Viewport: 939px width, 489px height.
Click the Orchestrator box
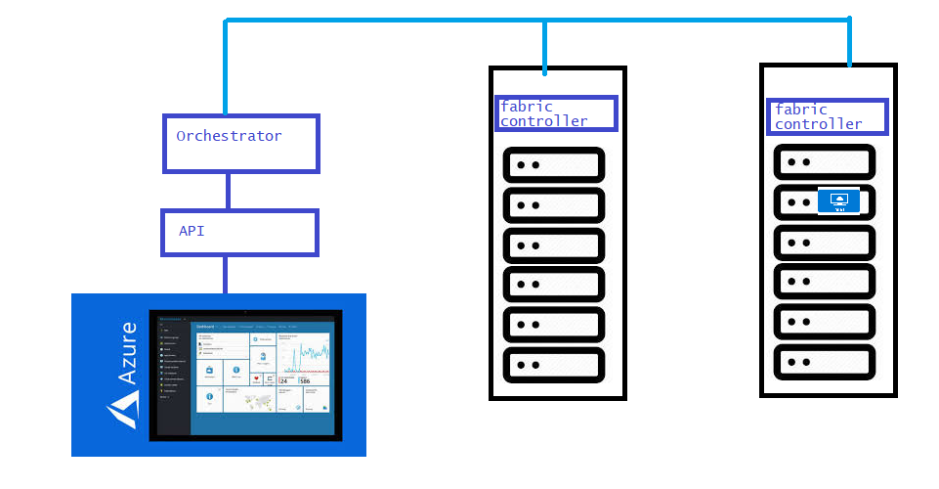[240, 144]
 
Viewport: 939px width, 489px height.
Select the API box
[239, 233]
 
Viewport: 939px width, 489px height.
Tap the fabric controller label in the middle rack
[556, 113]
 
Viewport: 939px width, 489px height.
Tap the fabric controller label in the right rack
[827, 116]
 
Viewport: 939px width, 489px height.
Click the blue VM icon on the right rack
[837, 200]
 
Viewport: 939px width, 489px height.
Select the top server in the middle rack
[553, 165]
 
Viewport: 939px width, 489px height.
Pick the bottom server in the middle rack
[553, 365]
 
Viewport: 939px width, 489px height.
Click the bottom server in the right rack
[824, 362]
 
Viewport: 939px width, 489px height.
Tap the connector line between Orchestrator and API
[228, 191]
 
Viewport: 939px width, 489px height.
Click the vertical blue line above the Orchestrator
[226, 68]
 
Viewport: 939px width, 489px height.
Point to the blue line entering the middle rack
[544, 47]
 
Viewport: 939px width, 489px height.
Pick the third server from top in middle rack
[553, 244]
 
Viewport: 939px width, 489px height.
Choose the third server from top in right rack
[824, 242]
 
